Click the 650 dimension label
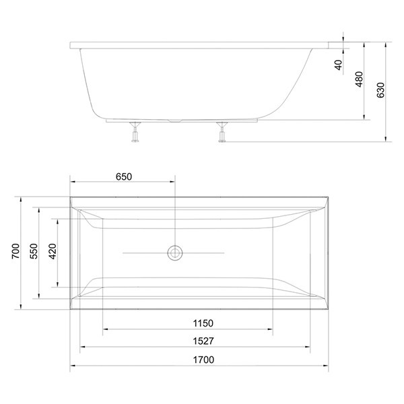pos(124,176)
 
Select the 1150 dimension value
pos(203,323)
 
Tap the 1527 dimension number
pos(203,341)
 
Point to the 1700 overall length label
pos(203,360)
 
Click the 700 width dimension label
pos(15,251)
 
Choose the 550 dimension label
pos(34,251)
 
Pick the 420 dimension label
pos(53,251)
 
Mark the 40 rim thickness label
pos(339,65)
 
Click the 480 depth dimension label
pos(359,79)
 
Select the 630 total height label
pos(380,90)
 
